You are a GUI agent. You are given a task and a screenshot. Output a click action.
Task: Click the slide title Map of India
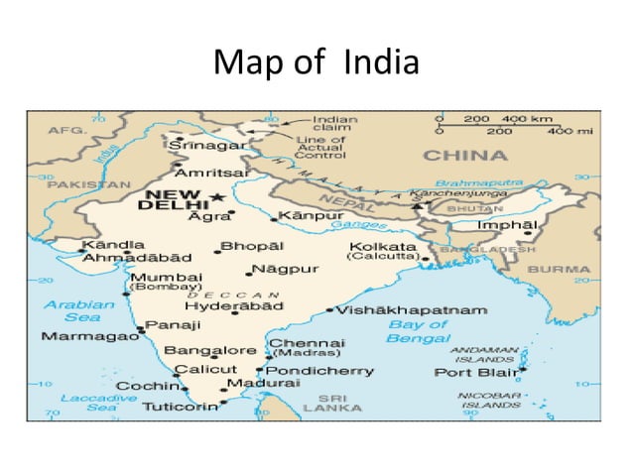click(316, 64)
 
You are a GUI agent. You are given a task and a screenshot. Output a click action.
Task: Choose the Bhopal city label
click(252, 245)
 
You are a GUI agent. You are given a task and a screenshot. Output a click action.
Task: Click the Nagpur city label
click(285, 269)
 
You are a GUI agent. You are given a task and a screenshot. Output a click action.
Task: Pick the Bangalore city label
click(210, 350)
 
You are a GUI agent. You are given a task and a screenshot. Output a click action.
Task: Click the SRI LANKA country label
click(324, 402)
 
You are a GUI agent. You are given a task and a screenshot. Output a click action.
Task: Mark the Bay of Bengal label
click(418, 331)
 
